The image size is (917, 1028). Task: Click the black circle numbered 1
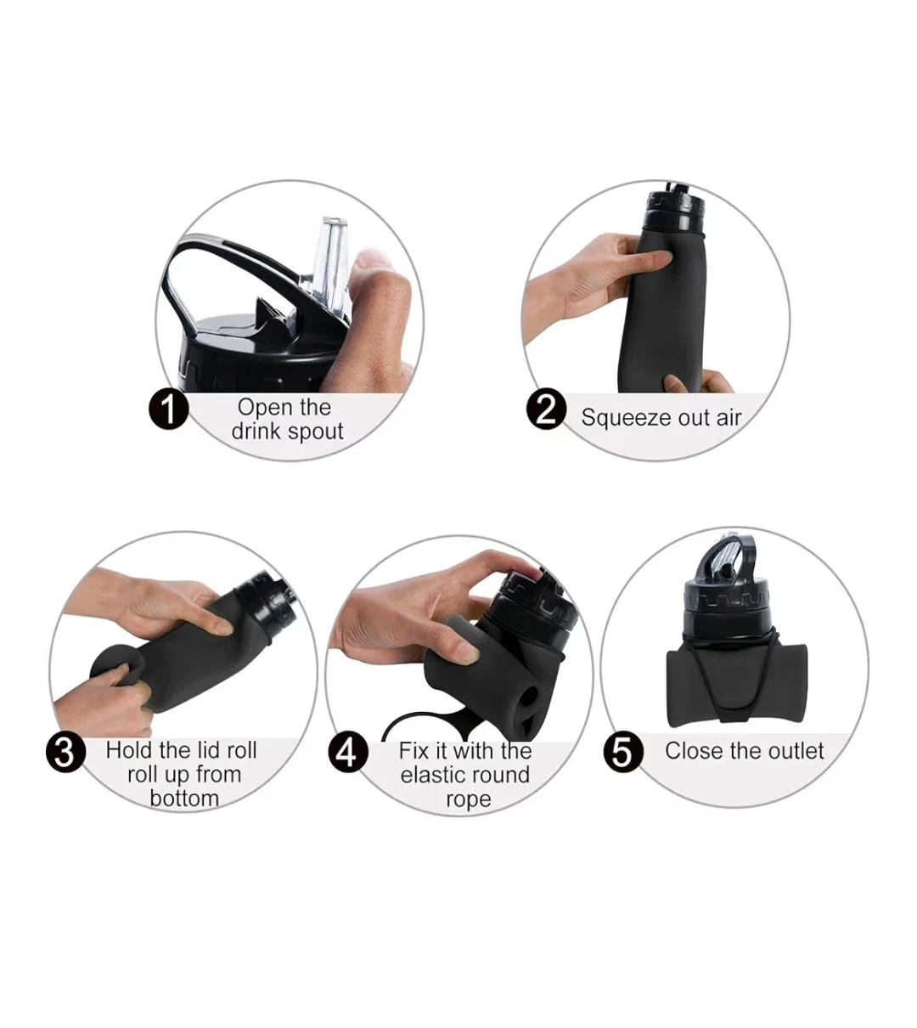pyautogui.click(x=169, y=409)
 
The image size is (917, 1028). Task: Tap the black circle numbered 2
pyautogui.click(x=546, y=409)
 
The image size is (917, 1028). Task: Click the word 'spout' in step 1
pyautogui.click(x=316, y=432)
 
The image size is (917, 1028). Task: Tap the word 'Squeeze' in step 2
pyautogui.click(x=626, y=418)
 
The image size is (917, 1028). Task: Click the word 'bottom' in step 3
pyautogui.click(x=184, y=798)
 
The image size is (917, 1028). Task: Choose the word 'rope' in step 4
pyautogui.click(x=469, y=800)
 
